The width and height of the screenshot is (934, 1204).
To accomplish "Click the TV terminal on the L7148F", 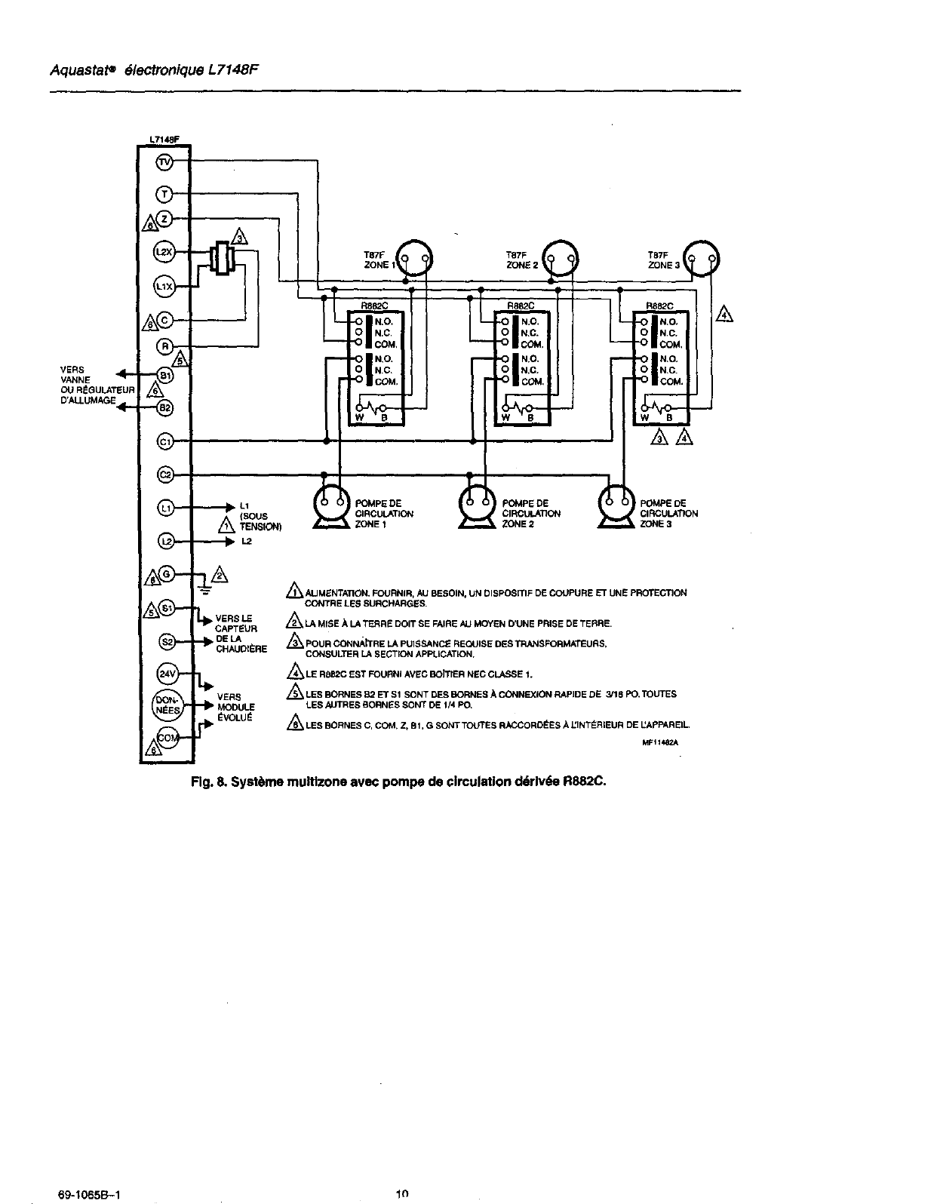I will (x=164, y=162).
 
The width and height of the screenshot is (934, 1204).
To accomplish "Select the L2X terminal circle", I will (x=164, y=252).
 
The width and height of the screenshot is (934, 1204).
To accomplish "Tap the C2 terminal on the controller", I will (x=164, y=475).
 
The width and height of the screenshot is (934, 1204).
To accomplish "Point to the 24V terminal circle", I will (x=165, y=674).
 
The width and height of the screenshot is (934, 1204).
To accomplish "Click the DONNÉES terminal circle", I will (x=164, y=705).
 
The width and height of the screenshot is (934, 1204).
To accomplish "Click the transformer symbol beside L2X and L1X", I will (x=222, y=258).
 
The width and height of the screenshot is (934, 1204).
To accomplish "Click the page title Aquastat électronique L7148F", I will (x=158, y=71).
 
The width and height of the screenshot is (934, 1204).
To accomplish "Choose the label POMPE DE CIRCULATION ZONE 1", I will (x=383, y=514).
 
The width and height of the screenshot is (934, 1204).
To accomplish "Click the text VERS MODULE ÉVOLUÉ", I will (x=235, y=707).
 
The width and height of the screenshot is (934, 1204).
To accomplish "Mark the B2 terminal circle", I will (x=164, y=407).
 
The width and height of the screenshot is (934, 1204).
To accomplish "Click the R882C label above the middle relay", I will (x=520, y=306).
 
